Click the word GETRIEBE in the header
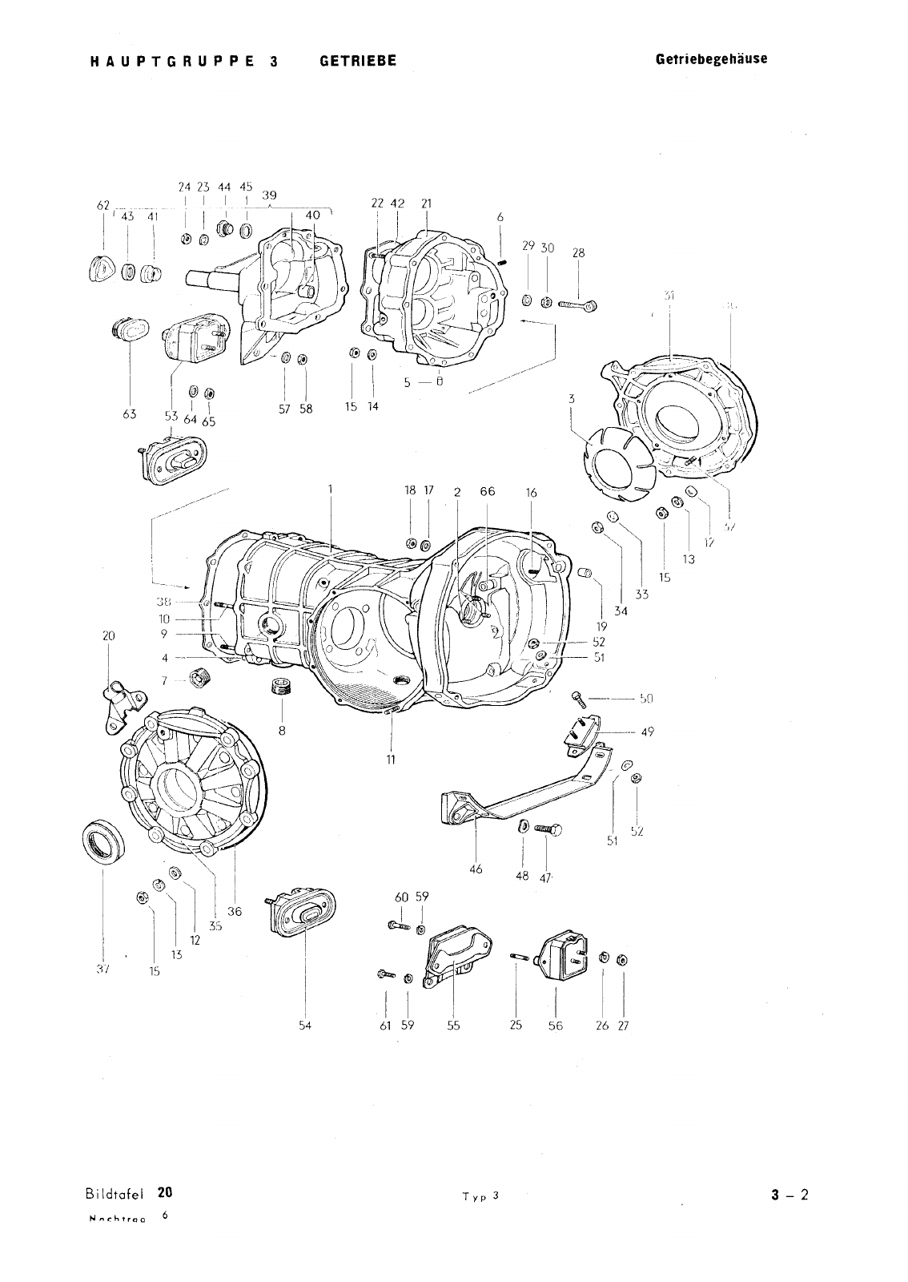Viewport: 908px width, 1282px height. coord(358,61)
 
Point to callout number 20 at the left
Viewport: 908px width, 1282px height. coord(109,635)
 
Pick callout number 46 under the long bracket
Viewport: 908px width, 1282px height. coord(476,869)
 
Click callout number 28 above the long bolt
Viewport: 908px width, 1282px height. coord(578,252)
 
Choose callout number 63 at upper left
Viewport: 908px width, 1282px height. coord(129,414)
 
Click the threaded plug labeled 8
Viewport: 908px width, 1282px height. coord(281,687)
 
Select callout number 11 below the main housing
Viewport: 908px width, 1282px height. coord(391,758)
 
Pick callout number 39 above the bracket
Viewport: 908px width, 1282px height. coord(270,196)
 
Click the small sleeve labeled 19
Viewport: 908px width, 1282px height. coord(585,574)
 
